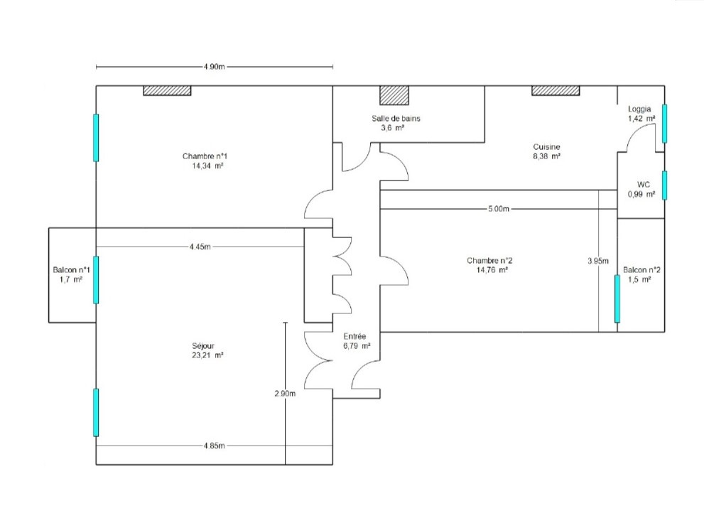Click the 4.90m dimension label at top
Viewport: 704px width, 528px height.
click(214, 68)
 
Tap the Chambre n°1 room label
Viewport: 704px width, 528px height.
click(204, 156)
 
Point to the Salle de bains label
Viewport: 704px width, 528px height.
click(396, 119)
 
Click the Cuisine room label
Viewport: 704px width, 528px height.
click(546, 146)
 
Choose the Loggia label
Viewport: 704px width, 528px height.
click(639, 109)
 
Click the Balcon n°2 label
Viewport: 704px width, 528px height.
click(641, 270)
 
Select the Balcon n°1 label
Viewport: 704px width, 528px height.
click(71, 270)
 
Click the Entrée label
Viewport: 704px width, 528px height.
click(354, 336)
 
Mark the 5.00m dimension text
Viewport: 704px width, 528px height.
click(499, 210)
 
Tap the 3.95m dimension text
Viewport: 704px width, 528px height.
click(598, 261)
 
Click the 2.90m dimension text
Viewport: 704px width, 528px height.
click(284, 393)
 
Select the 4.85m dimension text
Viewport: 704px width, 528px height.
click(214, 446)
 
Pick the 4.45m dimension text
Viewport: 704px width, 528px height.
click(200, 247)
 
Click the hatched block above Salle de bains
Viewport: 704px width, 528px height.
click(394, 95)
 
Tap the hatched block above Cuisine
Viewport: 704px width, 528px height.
click(556, 90)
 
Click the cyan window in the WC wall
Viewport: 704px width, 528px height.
click(665, 185)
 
